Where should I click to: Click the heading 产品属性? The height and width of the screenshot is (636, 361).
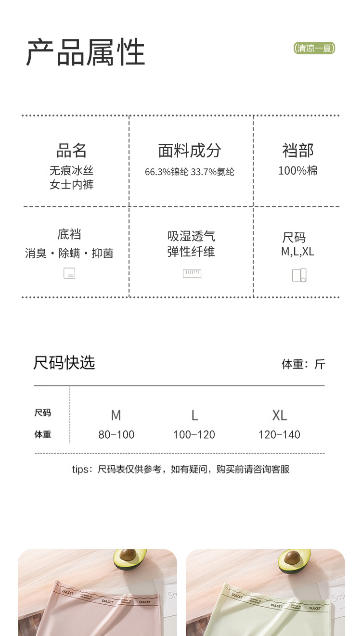(85, 52)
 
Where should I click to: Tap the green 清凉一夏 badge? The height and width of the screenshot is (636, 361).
(314, 48)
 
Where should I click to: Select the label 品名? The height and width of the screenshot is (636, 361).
(71, 151)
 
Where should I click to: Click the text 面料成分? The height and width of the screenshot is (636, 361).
(190, 151)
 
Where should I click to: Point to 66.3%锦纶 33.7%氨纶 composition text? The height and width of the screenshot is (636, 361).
(190, 172)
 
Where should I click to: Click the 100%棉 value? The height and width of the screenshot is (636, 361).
(297, 170)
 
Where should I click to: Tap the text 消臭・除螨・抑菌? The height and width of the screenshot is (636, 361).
(69, 253)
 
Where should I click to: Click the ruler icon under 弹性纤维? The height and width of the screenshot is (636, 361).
(192, 274)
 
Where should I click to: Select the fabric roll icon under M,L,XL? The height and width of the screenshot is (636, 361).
(299, 275)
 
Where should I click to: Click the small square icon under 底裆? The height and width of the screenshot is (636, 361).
(69, 273)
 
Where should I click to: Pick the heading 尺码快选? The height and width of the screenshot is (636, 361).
(64, 363)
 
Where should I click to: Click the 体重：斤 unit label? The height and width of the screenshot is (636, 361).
(303, 364)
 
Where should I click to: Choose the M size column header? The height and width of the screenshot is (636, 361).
(116, 415)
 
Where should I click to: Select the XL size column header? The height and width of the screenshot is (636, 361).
(279, 415)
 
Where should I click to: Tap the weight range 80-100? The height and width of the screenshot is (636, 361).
(116, 435)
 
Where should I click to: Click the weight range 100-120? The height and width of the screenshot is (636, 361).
(194, 435)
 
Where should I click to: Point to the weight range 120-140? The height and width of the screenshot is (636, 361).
(279, 435)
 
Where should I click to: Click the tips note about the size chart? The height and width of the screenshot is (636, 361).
(180, 469)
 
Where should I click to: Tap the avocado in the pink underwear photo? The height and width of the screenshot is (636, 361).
(130, 560)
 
